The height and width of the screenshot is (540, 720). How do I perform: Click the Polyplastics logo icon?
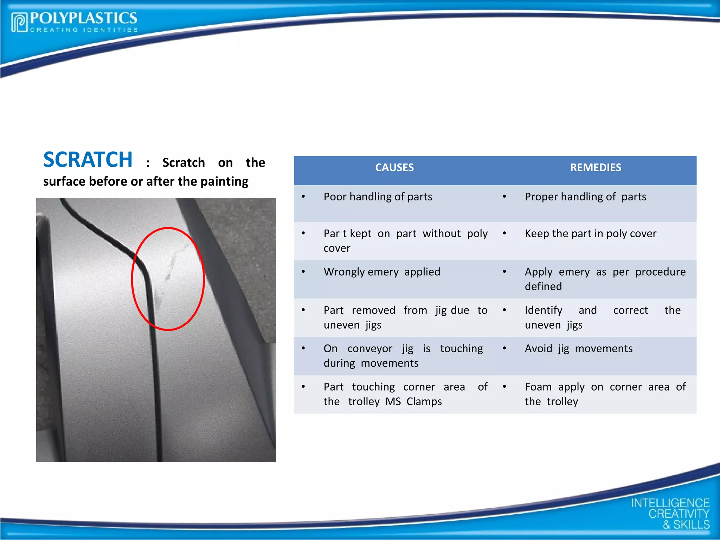tap(19, 22)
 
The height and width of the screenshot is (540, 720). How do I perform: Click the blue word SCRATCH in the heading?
tap(88, 160)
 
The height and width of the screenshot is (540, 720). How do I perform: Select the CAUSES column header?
tap(394, 168)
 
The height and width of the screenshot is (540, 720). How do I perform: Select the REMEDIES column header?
tap(595, 168)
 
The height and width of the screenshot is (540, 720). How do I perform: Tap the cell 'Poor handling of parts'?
tap(378, 197)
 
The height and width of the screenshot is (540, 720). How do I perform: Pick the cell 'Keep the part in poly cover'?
tap(590, 234)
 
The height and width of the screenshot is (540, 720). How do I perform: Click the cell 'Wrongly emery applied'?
tap(381, 272)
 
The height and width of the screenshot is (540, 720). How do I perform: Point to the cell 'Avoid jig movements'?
tap(578, 349)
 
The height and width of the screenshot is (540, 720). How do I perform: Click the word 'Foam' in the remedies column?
tap(538, 387)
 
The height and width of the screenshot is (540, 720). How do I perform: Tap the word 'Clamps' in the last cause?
tap(424, 402)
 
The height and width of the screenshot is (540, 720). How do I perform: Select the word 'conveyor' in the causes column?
tap(369, 349)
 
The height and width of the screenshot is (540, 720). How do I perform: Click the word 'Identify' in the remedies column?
tap(543, 310)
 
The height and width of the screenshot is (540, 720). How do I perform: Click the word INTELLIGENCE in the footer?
tap(670, 503)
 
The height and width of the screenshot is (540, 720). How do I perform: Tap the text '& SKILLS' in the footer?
tap(686, 525)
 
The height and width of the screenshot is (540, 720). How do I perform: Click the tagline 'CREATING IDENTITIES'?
tap(84, 30)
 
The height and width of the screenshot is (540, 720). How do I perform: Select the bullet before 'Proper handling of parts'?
tap(504, 197)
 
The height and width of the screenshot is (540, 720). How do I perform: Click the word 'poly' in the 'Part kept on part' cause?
tap(477, 234)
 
